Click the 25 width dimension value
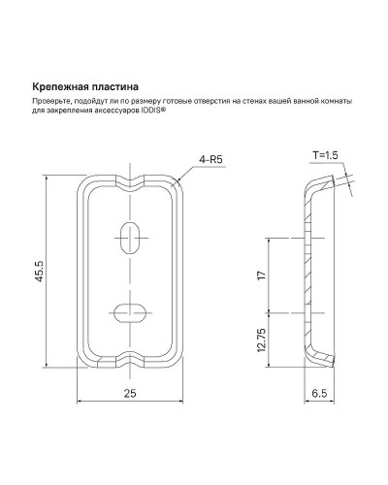coord(128,394)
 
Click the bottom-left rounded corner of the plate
coord(85,360)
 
